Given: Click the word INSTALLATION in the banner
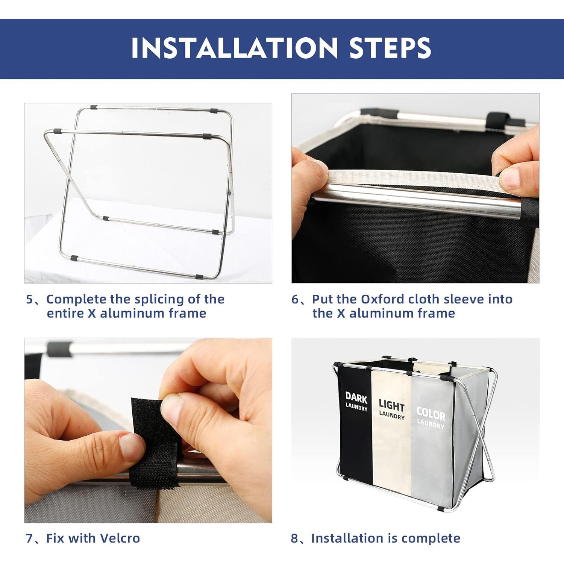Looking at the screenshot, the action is coord(235,48).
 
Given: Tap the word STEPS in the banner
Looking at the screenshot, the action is coord(390,48).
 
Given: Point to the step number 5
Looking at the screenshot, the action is coord(30,299).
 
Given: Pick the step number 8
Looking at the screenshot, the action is coord(295,538).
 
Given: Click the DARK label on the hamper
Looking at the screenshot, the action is coord(356,397).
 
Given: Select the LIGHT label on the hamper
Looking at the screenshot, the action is coord(391,405).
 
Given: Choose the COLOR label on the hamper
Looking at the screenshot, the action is coord(431,414).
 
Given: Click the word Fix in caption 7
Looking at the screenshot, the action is coord(55,538).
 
